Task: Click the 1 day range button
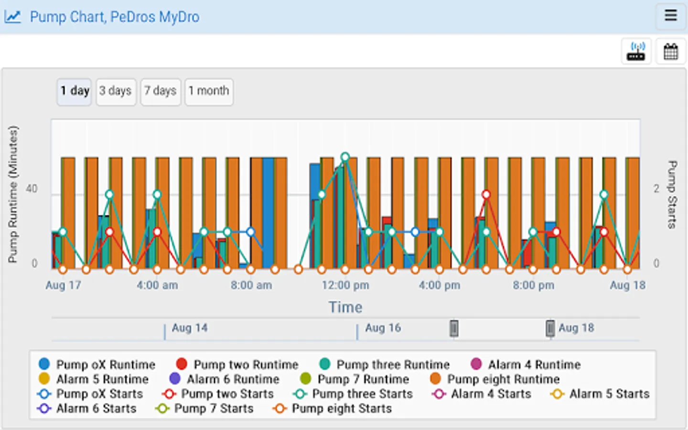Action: click(75, 91)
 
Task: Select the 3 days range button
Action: click(116, 91)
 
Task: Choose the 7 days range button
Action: click(161, 91)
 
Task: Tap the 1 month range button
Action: click(209, 91)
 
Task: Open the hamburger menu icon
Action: click(671, 15)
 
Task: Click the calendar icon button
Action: click(671, 51)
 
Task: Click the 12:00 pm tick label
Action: click(345, 286)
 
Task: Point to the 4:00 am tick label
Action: click(157, 286)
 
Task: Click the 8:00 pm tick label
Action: click(534, 286)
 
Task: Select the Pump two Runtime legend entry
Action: click(237, 365)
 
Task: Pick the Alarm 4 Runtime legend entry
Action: click(526, 365)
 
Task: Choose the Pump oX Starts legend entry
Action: click(90, 394)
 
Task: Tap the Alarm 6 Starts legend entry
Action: click(87, 408)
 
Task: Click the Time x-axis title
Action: click(345, 307)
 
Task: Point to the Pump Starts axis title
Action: click(672, 194)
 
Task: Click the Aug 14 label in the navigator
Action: click(190, 328)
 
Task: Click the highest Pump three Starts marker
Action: click(345, 157)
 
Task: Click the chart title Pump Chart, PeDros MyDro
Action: click(115, 17)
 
